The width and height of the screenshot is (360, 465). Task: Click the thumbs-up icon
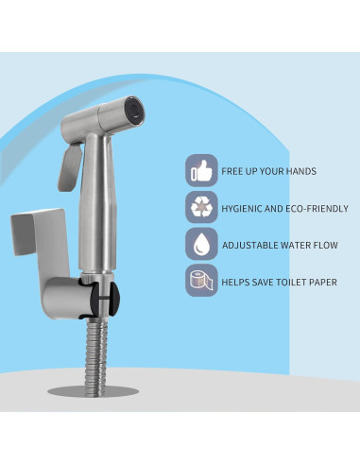[200, 171]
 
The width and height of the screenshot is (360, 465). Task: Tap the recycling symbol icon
[200, 208]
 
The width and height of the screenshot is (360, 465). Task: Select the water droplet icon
[200, 245]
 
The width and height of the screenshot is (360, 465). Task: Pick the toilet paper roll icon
[200, 282]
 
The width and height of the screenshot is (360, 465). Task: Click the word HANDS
[299, 171]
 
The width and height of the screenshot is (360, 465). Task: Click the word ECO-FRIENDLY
[317, 208]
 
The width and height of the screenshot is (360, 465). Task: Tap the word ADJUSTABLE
[249, 245]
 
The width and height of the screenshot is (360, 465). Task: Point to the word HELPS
[236, 282]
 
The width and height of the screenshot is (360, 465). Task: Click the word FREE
[232, 171]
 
